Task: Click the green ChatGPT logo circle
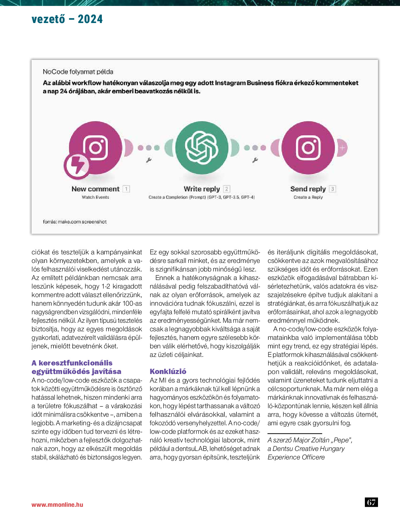coord(202,148)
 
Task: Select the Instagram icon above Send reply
coord(308,148)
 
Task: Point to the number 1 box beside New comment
coord(126,189)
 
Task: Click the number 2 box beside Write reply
coord(226,189)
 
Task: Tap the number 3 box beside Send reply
coord(332,189)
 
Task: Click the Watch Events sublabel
coord(95,197)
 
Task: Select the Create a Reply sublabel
coord(308,197)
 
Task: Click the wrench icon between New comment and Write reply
coord(148,160)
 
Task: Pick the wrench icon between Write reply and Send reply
coord(255,160)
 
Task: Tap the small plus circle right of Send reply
coord(342,148)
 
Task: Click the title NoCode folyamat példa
coord(78,72)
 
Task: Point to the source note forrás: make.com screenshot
coord(75,222)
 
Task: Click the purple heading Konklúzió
coord(168,371)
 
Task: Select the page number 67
coord(371,502)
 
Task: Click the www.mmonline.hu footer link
coord(57,504)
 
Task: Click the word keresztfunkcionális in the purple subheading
coord(76,363)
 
